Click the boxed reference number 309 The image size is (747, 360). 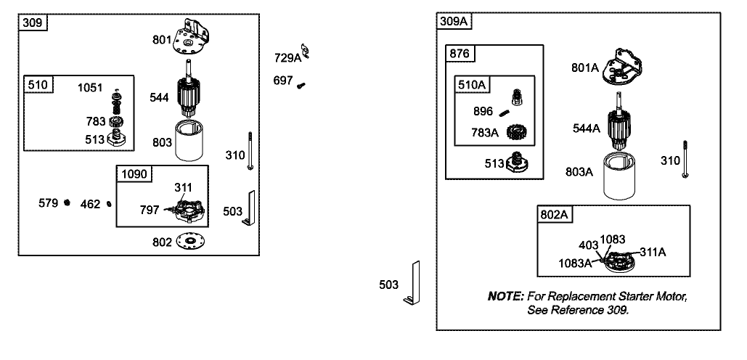click(x=33, y=22)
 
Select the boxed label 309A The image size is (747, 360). click(x=454, y=21)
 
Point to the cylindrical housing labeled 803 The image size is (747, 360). click(x=192, y=144)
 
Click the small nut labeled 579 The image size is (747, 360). click(x=66, y=202)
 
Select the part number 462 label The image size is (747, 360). click(x=90, y=204)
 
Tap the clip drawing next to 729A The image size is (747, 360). click(x=306, y=52)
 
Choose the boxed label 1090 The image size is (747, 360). click(x=134, y=174)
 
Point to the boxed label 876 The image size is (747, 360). click(x=460, y=54)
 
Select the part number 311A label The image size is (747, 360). click(x=653, y=252)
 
